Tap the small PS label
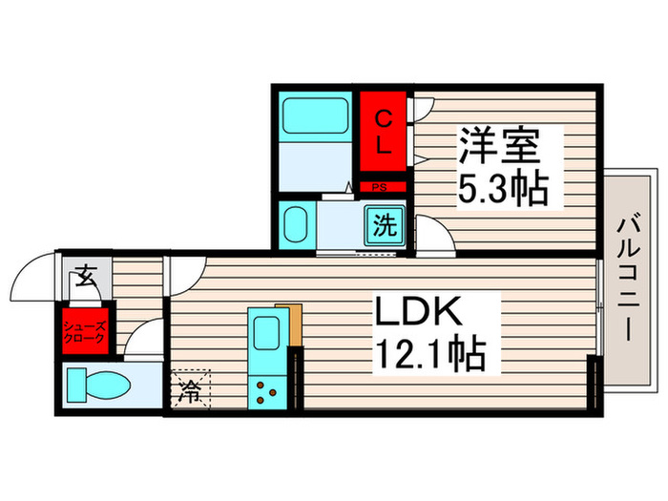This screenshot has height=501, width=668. pyautogui.click(x=379, y=188)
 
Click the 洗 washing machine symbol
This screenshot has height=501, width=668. pyautogui.click(x=386, y=226)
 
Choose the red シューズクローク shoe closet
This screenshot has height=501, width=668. pyautogui.click(x=84, y=331)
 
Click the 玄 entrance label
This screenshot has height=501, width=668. pyautogui.click(x=83, y=278)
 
